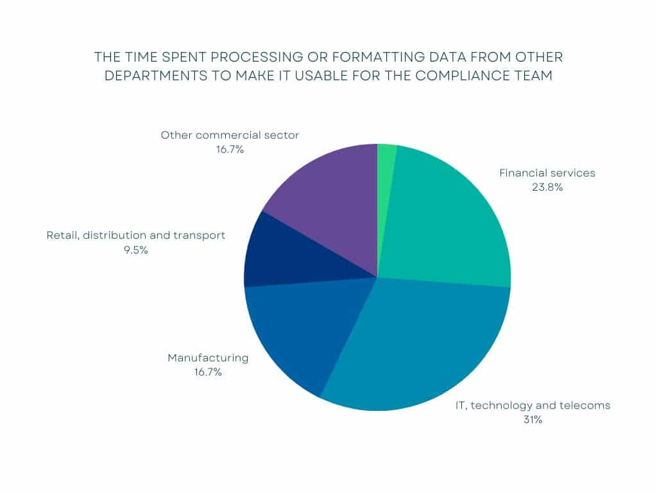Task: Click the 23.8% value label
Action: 547,187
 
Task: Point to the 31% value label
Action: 533,420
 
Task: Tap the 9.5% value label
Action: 136,250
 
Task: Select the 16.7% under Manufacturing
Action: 208,372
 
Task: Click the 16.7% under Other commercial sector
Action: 230,150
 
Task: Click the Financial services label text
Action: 547,173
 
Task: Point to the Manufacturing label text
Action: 208,358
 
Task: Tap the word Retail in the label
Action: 63,236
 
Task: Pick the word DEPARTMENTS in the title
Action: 156,76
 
